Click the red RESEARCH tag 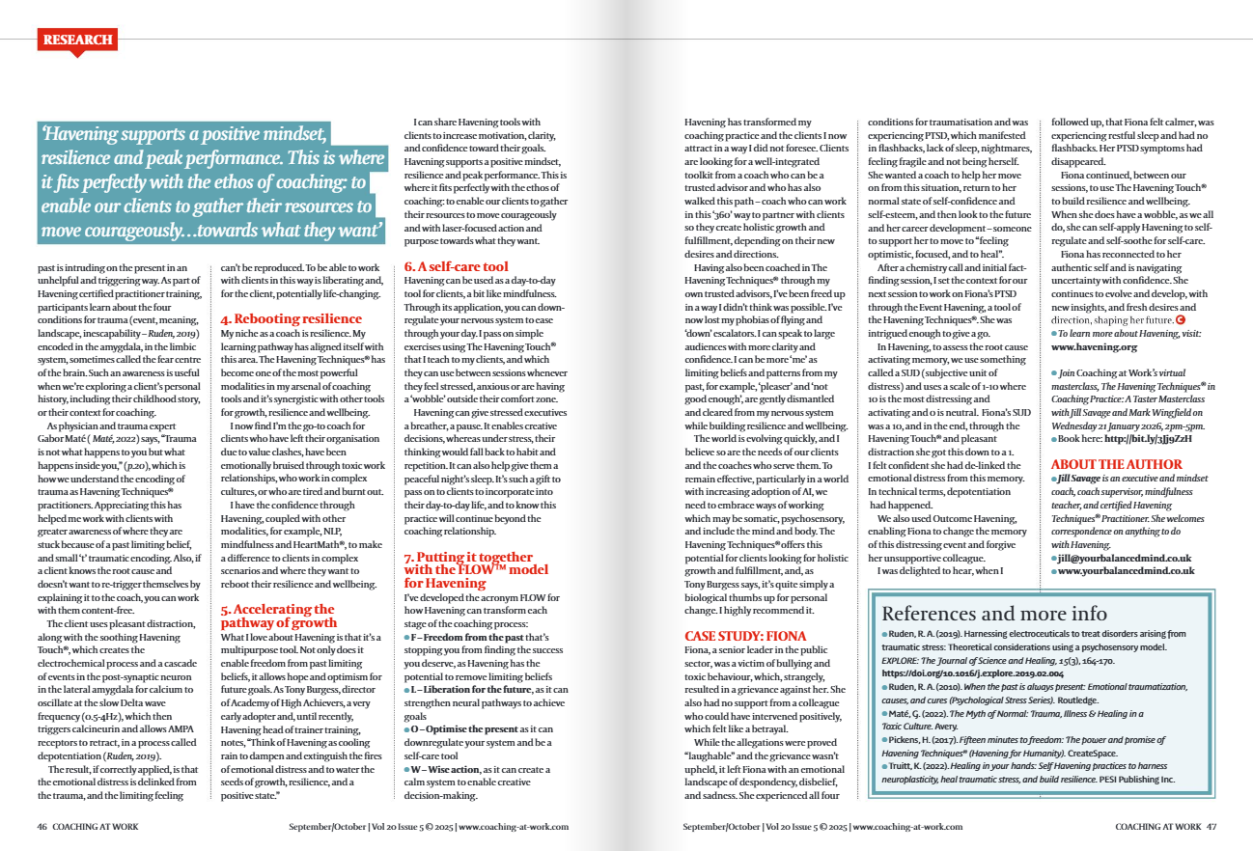click(x=78, y=40)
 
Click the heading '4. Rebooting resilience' click(x=292, y=318)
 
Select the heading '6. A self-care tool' click(x=457, y=265)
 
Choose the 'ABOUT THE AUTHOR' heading click(x=1116, y=464)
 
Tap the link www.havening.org click(x=1094, y=346)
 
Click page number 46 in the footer click(x=42, y=827)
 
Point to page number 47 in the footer click(x=1211, y=827)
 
